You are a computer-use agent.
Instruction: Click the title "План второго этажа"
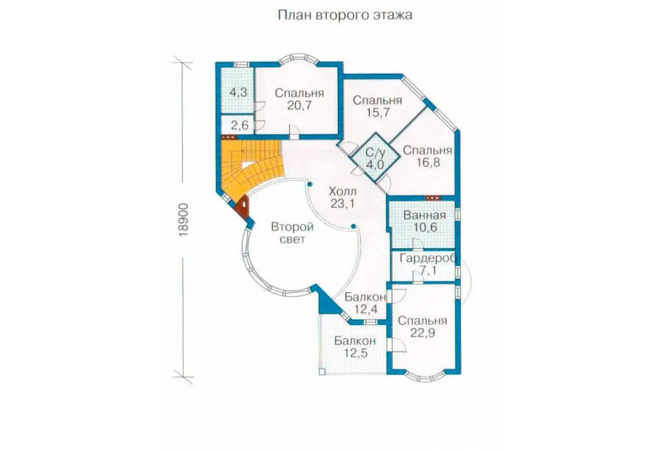coord(345,15)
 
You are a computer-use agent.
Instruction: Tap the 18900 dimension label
coord(183,220)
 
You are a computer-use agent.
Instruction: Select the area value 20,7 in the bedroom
coord(300,106)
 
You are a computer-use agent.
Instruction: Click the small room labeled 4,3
coord(239,92)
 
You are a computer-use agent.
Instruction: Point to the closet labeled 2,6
coord(239,125)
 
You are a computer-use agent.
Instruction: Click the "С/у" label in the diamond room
coord(375,153)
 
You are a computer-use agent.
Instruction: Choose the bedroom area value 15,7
coord(377,113)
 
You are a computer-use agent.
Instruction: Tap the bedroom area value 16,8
coord(427,162)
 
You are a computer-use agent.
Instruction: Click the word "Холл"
coord(343,191)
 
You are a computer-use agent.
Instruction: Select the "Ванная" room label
coord(424,215)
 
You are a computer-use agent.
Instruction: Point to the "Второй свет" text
coord(293,233)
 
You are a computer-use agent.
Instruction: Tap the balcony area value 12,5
coord(356,353)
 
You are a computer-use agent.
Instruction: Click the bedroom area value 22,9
coord(422,332)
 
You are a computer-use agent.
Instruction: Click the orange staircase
coord(250,169)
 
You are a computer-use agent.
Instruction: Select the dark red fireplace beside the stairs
coord(243,208)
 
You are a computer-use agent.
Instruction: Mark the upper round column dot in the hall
coord(310,184)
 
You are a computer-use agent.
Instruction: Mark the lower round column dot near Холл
coord(353,226)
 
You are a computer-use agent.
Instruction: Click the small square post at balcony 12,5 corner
coord(322,372)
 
